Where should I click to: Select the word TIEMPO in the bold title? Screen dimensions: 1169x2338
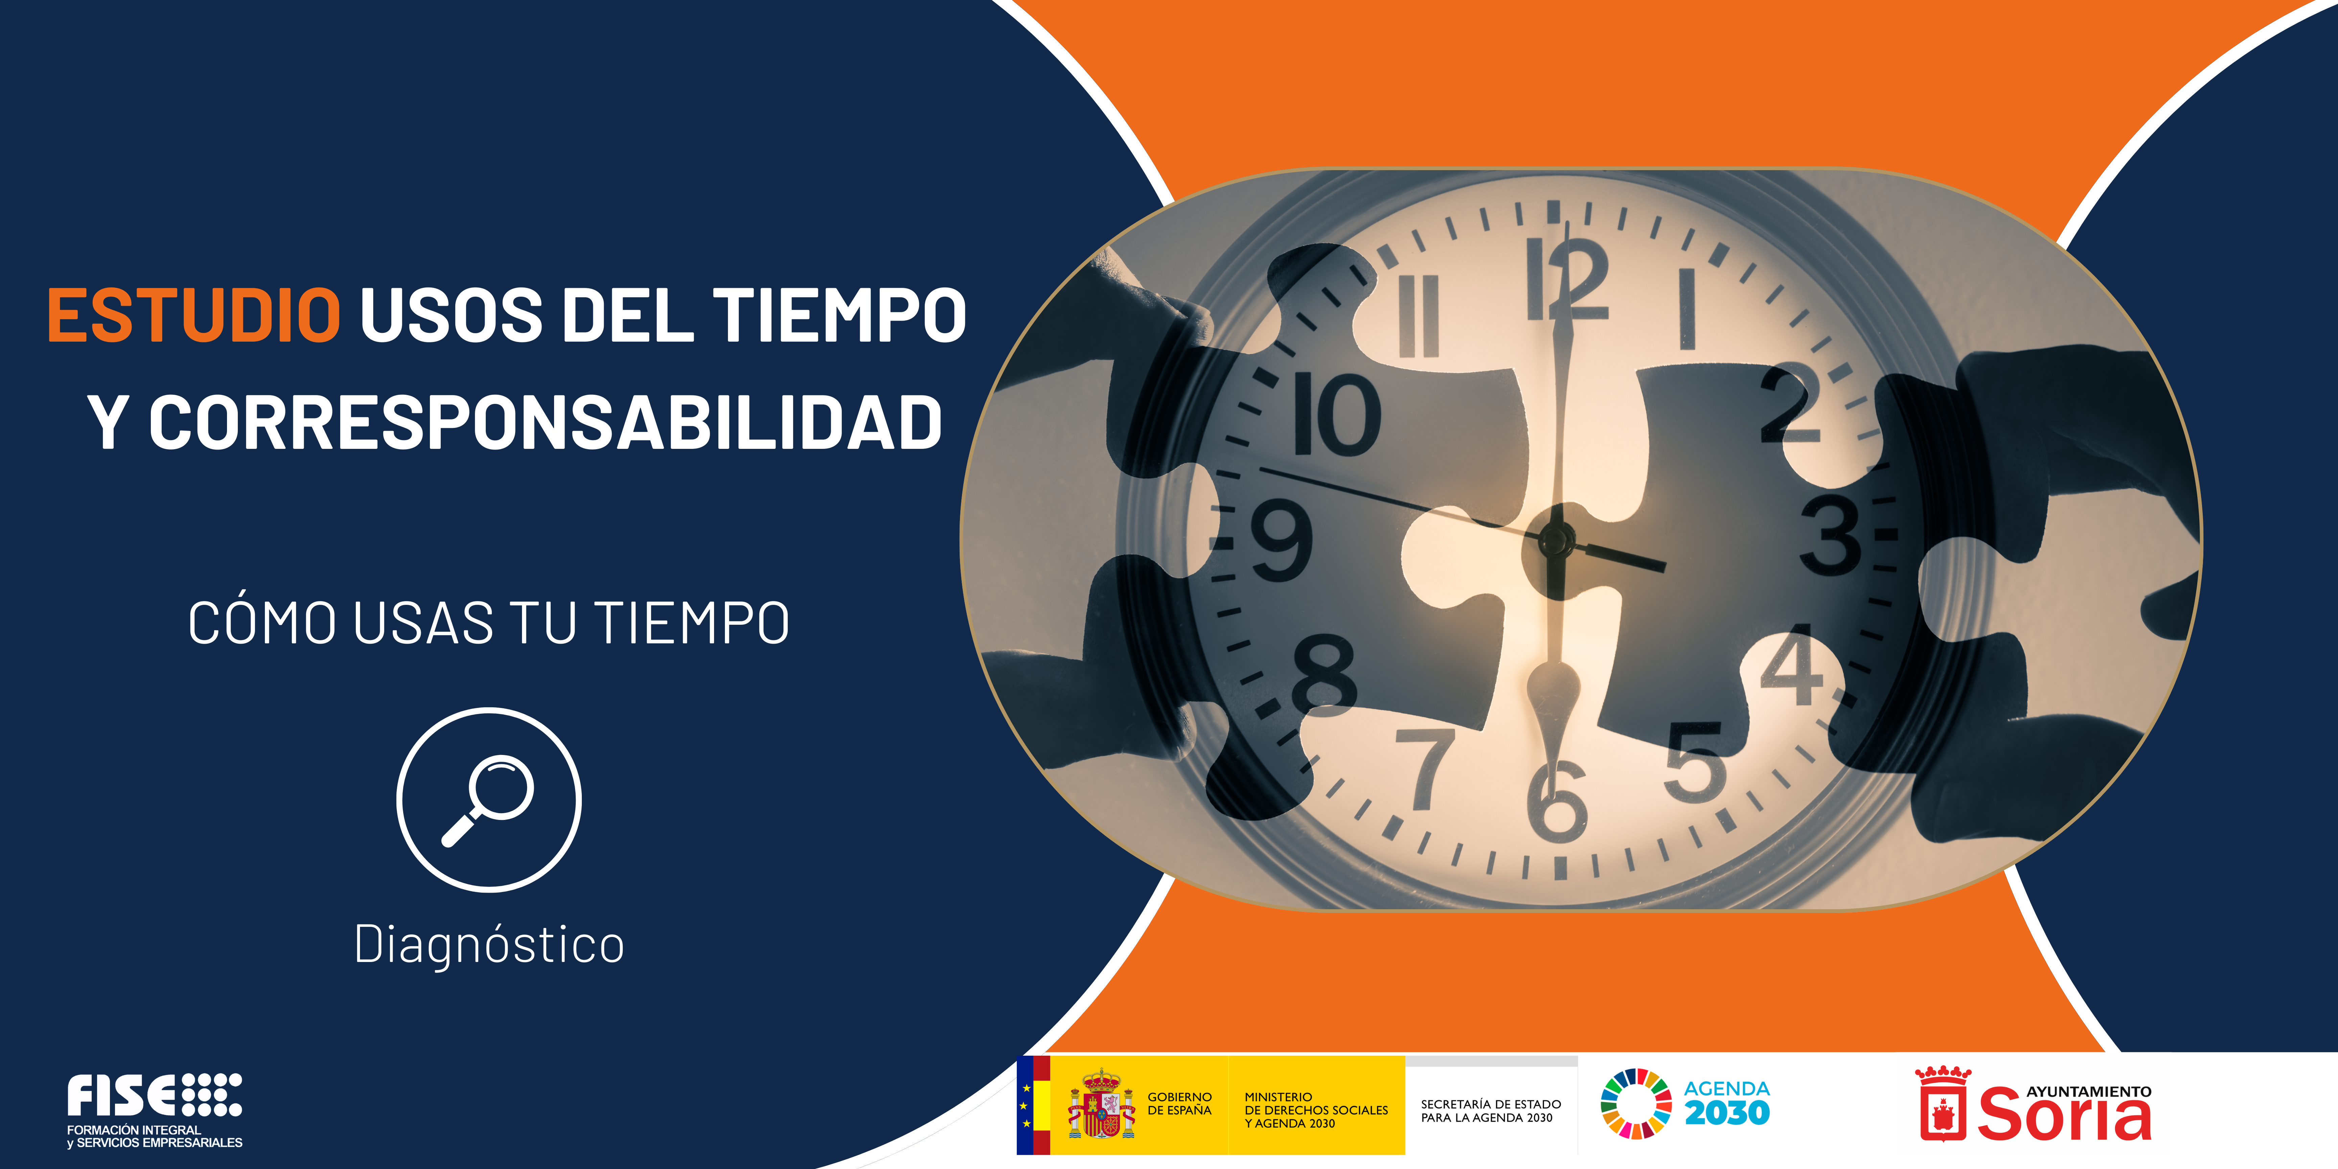(x=840, y=315)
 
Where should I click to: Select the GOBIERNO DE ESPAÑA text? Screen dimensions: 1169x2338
(x=1179, y=1104)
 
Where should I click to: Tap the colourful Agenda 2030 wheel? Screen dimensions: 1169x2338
(x=1635, y=1104)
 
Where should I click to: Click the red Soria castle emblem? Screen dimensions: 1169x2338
(x=1942, y=1105)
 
